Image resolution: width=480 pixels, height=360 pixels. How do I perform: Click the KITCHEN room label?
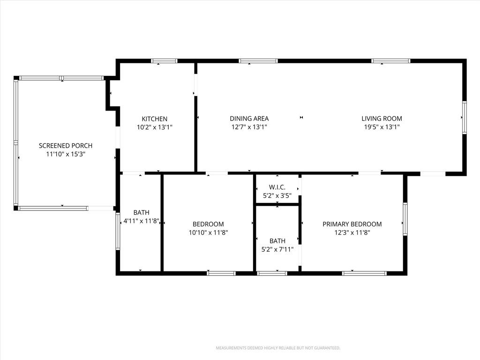155,119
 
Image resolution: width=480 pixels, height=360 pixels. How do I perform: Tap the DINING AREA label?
249,119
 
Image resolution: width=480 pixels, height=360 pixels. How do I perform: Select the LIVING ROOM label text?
382,119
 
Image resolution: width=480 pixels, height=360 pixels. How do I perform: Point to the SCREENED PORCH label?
66,146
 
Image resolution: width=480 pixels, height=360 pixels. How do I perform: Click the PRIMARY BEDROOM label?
352,224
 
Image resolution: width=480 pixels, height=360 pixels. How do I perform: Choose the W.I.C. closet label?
277,187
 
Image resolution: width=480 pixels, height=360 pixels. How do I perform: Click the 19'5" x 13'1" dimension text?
382,127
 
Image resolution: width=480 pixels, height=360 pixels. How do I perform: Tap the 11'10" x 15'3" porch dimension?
66,154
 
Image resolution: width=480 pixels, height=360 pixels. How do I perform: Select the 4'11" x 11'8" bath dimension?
142,221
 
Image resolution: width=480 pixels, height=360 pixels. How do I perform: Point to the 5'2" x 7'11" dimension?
277,249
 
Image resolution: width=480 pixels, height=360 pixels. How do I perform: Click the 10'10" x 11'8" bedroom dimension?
208,232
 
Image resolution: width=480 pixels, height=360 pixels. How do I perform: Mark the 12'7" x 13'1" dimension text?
249,127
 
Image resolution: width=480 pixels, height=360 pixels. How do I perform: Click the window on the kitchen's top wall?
164,61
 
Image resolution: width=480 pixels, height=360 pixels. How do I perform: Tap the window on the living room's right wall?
465,118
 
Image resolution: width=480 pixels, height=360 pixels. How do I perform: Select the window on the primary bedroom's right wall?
405,219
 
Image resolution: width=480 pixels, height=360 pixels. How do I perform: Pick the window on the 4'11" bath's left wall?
118,232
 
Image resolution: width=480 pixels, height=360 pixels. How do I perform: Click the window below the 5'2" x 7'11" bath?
272,273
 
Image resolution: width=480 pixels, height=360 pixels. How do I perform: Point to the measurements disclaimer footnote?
278,348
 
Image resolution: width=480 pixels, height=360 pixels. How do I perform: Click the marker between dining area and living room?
301,117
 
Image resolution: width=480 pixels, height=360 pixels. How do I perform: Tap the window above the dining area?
258,61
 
